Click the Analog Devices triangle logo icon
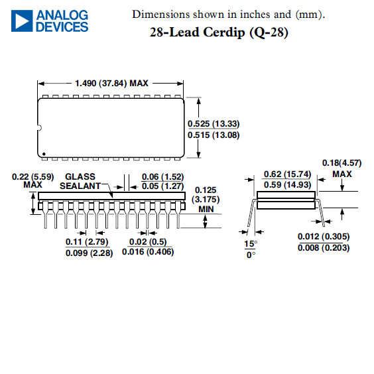tap(22, 21)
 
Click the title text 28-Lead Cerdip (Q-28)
tap(219, 32)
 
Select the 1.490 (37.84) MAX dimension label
tap(111, 84)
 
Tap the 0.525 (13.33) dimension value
tap(214, 124)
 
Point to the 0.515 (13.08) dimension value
tap(214, 135)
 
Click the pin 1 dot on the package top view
tap(44, 154)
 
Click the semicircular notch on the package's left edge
tap(40, 128)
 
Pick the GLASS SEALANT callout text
tap(80, 181)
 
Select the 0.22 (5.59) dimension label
tap(33, 177)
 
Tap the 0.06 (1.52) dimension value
tap(162, 177)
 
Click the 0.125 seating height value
tap(206, 190)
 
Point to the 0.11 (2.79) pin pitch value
tap(87, 241)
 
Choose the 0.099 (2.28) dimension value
tap(90, 253)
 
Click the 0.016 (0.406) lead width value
tap(148, 251)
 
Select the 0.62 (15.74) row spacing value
tap(287, 174)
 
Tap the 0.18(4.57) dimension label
tap(342, 163)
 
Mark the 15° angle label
tap(251, 244)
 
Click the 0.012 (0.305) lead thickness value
tap(324, 237)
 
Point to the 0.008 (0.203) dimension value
tap(324, 247)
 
